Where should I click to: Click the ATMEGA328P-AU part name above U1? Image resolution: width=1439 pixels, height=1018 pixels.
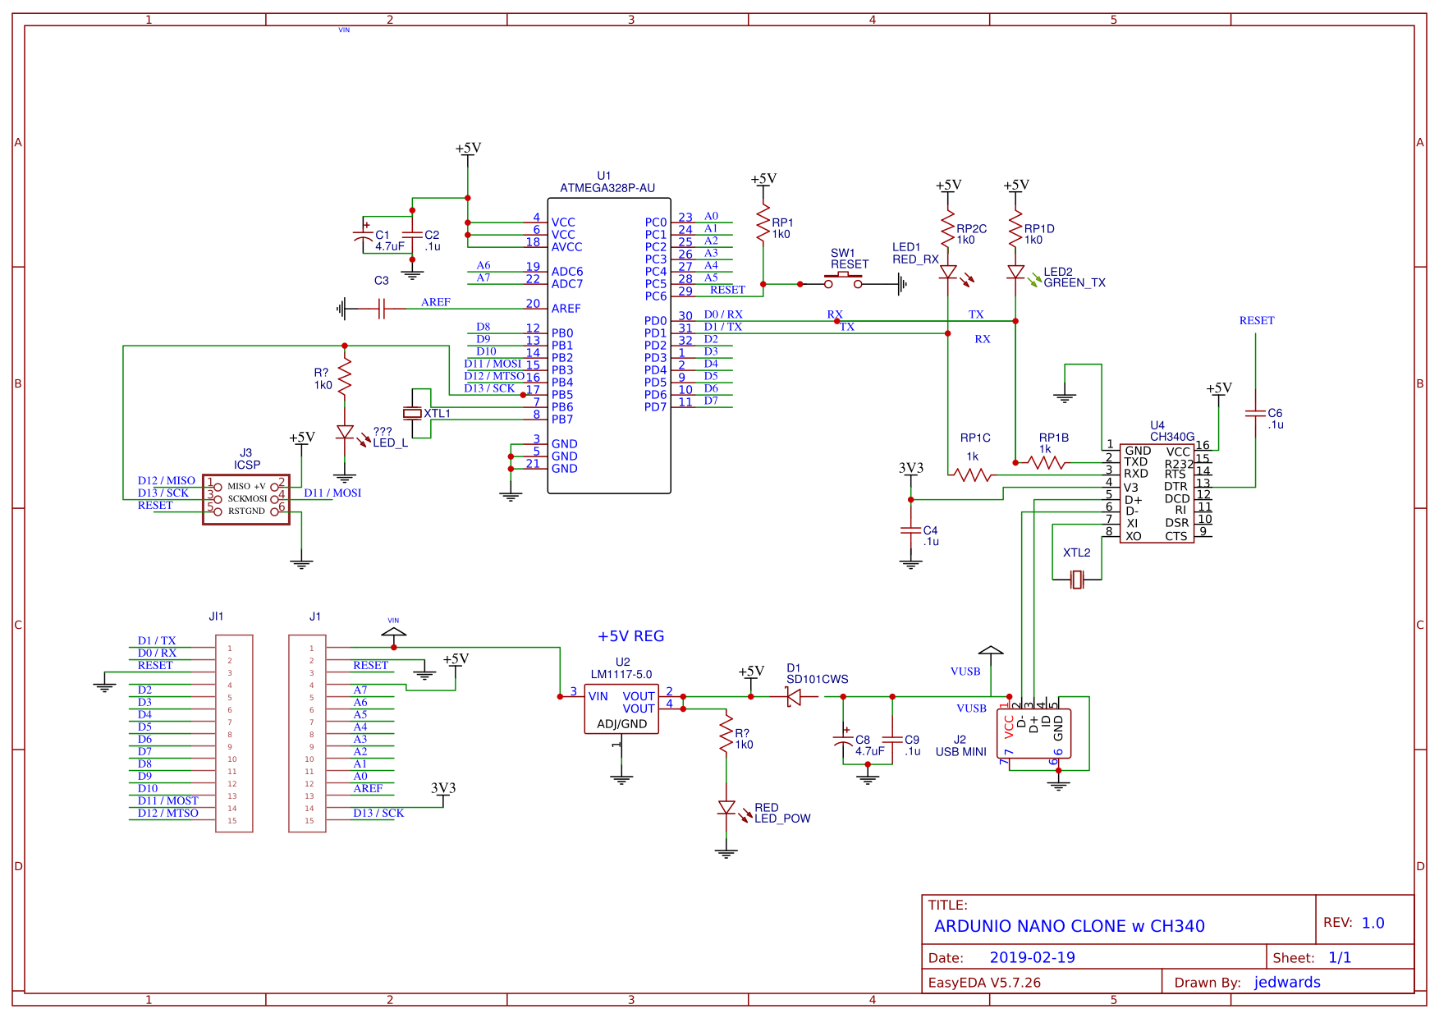(x=607, y=188)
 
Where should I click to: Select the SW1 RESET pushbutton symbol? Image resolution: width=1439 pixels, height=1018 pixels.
(x=843, y=282)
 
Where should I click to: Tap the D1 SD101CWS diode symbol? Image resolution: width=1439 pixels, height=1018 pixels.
(x=794, y=697)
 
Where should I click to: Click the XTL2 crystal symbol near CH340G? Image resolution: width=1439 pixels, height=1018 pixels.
(x=1077, y=580)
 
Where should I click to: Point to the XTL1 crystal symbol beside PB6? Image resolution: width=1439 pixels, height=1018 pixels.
(x=412, y=413)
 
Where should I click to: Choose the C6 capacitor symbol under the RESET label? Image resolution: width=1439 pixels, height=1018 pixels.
(x=1255, y=414)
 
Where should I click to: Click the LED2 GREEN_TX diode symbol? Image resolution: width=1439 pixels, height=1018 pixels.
(x=1015, y=272)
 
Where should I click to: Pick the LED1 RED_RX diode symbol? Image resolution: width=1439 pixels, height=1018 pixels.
(x=948, y=272)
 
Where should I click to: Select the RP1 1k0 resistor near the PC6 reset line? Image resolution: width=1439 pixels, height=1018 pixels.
(x=763, y=222)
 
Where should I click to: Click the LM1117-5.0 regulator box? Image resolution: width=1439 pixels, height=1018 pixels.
(x=621, y=709)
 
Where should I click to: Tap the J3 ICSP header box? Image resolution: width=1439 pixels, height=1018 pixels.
(x=246, y=499)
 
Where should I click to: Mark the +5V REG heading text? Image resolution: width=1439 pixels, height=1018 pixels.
(x=630, y=636)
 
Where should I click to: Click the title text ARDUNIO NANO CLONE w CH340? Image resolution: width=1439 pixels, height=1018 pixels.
(x=1069, y=926)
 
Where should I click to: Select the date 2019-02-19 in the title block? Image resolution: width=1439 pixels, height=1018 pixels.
(x=1032, y=957)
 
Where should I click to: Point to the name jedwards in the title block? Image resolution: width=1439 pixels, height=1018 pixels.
(x=1286, y=983)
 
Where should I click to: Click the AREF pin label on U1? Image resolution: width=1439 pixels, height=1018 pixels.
(x=566, y=309)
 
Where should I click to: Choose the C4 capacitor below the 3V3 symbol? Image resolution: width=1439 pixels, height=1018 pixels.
(x=910, y=531)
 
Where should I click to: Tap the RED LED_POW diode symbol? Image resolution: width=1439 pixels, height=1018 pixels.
(x=726, y=809)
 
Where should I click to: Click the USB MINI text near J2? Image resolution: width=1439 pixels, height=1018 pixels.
(x=960, y=752)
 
